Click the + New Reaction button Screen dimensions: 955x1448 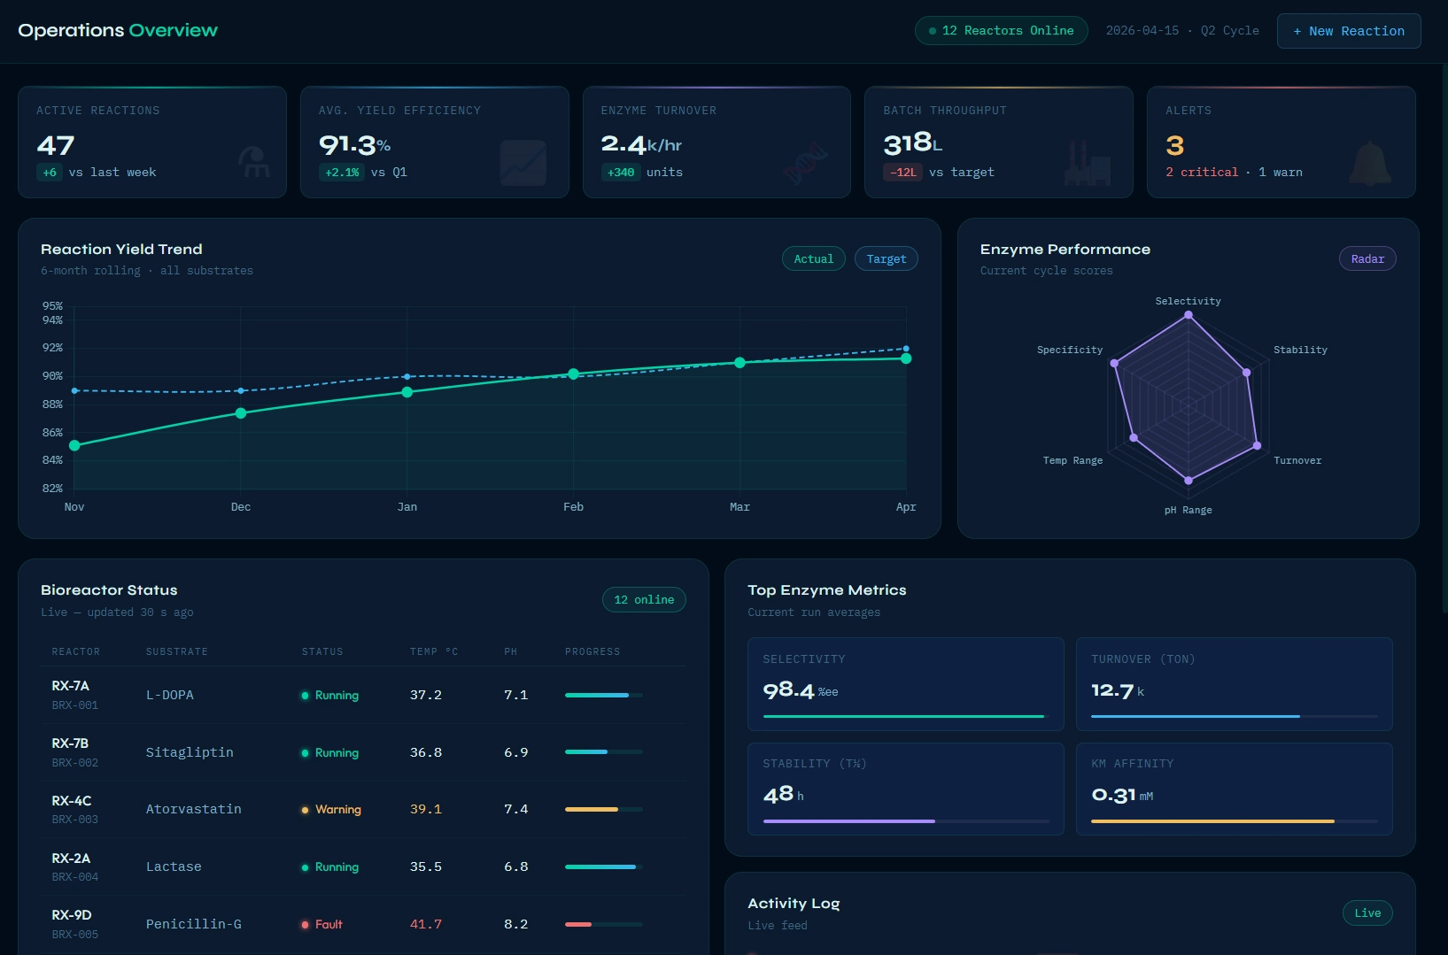click(x=1348, y=31)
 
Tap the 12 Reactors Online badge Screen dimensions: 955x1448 click(x=1001, y=31)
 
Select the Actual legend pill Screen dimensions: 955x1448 click(x=813, y=259)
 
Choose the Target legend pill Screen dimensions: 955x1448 click(x=886, y=259)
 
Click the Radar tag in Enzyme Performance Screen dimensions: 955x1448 click(x=1367, y=259)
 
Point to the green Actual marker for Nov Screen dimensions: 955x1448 click(x=74, y=445)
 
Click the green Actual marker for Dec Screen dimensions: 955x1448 click(x=241, y=413)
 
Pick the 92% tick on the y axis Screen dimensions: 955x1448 click(x=53, y=348)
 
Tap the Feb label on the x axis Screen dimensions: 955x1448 click(x=573, y=507)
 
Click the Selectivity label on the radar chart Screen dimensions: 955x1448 click(x=1188, y=302)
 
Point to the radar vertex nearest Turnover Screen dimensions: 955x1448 click(x=1257, y=445)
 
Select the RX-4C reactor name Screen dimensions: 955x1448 click(x=72, y=801)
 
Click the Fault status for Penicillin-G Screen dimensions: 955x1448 click(x=328, y=924)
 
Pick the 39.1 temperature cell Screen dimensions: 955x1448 click(x=425, y=809)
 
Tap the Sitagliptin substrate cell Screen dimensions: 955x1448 click(x=190, y=752)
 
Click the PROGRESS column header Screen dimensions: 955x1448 click(x=592, y=652)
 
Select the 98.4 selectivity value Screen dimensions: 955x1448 click(x=788, y=690)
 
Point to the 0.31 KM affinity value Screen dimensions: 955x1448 click(x=1113, y=795)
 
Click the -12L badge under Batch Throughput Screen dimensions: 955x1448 click(x=902, y=173)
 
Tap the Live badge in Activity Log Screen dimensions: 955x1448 click(x=1367, y=913)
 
